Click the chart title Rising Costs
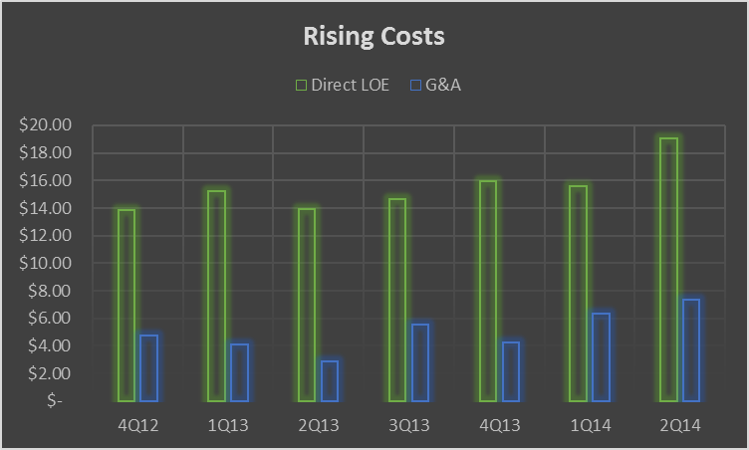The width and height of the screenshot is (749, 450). [374, 37]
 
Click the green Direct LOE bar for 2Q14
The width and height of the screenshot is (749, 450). [668, 269]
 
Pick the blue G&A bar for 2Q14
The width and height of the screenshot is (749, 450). [691, 349]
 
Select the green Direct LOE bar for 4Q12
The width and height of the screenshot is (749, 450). [126, 305]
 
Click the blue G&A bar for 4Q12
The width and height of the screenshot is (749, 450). [149, 367]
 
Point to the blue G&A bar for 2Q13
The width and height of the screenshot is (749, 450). [330, 380]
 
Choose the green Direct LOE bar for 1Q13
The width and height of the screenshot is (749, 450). [217, 295]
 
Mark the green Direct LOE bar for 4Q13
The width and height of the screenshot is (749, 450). [488, 290]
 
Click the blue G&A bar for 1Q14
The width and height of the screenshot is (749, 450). [601, 356]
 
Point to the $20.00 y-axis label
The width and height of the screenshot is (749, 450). [47, 125]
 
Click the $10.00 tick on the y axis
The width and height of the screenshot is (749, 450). [47, 263]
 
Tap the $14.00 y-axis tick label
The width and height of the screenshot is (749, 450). [47, 208]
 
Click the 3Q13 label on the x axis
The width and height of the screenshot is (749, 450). [409, 426]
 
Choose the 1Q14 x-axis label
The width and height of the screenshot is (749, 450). [590, 426]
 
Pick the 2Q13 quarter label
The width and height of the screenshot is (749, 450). [319, 426]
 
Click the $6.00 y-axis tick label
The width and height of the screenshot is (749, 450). [51, 318]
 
